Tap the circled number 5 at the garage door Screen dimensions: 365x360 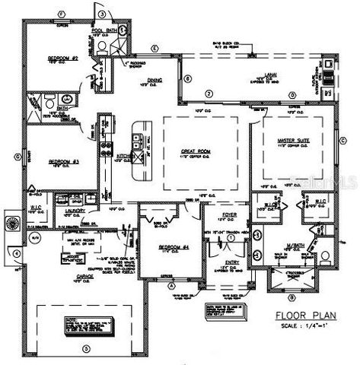coord(85,348)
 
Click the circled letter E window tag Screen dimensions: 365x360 coord(155,49)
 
